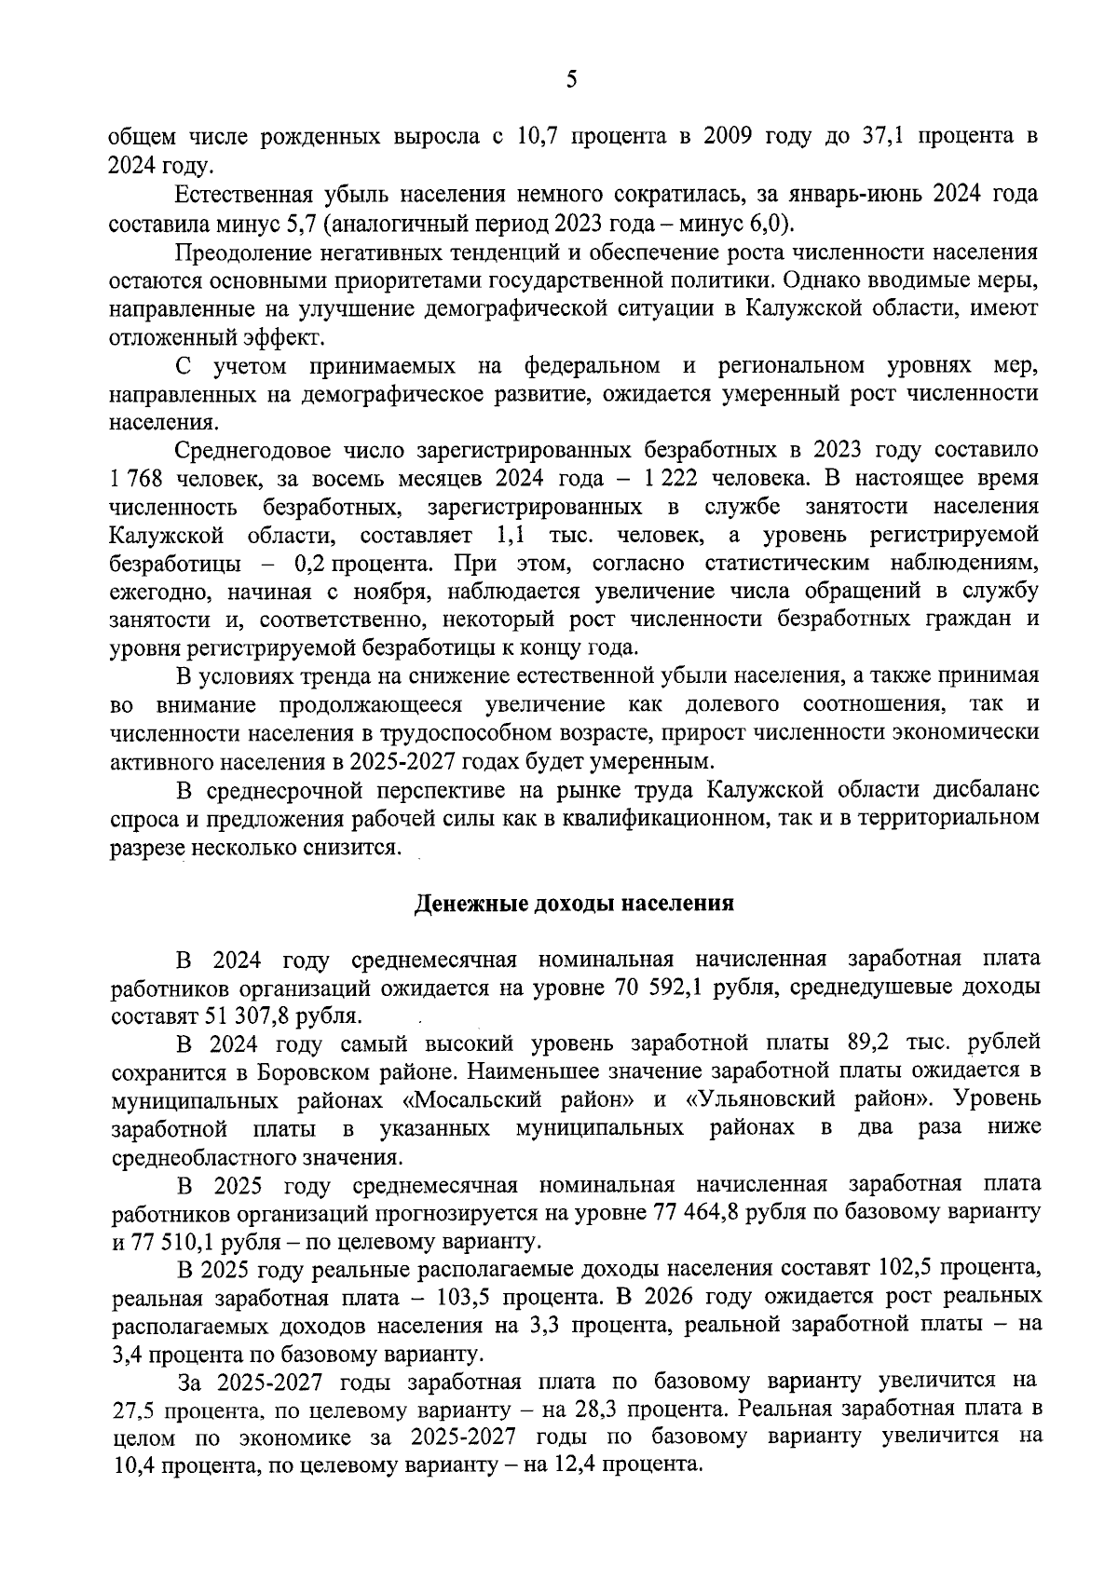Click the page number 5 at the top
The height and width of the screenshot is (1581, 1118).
tap(570, 80)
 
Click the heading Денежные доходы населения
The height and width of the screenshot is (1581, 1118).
tap(574, 903)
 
